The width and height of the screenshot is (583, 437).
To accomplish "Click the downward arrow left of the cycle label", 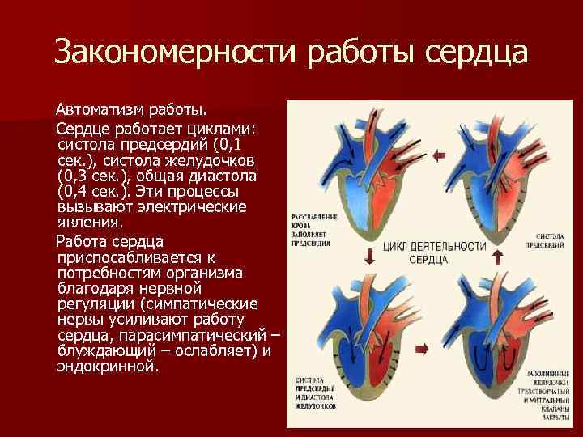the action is [x=368, y=257].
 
